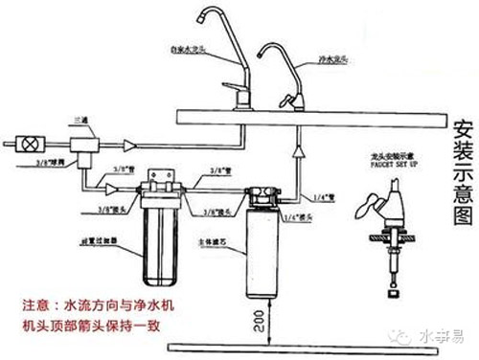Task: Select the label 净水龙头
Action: coord(332,58)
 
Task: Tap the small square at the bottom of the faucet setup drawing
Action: coord(393,286)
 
